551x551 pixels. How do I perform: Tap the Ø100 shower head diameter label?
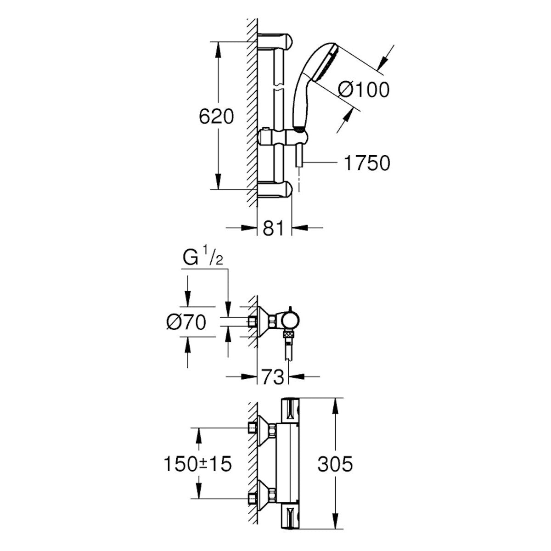pyautogui.click(x=363, y=89)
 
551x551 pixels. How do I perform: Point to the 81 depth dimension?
pyautogui.click(x=274, y=228)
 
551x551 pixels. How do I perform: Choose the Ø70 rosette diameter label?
pyautogui.click(x=186, y=323)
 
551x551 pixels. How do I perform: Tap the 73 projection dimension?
pyautogui.click(x=273, y=377)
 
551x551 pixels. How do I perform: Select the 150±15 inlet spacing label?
pyautogui.click(x=197, y=464)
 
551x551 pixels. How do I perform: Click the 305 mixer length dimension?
pyautogui.click(x=336, y=464)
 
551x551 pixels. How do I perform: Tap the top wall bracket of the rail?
pyautogui.click(x=274, y=41)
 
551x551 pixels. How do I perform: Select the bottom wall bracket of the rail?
pyautogui.click(x=274, y=189)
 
